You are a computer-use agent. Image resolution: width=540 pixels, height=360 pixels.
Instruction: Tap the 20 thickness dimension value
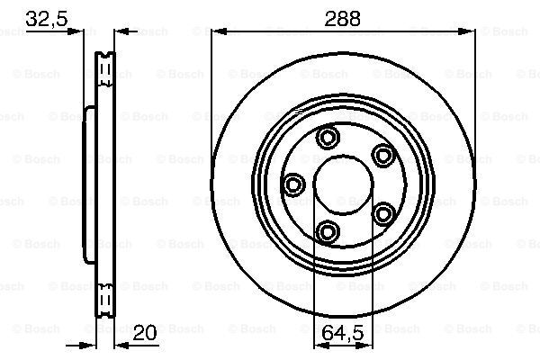click(144, 333)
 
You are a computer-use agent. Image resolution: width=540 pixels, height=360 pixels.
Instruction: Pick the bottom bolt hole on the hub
click(328, 233)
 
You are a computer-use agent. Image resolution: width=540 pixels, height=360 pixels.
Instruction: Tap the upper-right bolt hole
click(384, 156)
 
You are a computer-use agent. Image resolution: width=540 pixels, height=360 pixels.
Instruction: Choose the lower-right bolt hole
click(384, 214)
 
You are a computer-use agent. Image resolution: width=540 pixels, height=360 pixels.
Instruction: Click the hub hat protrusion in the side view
click(88, 184)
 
